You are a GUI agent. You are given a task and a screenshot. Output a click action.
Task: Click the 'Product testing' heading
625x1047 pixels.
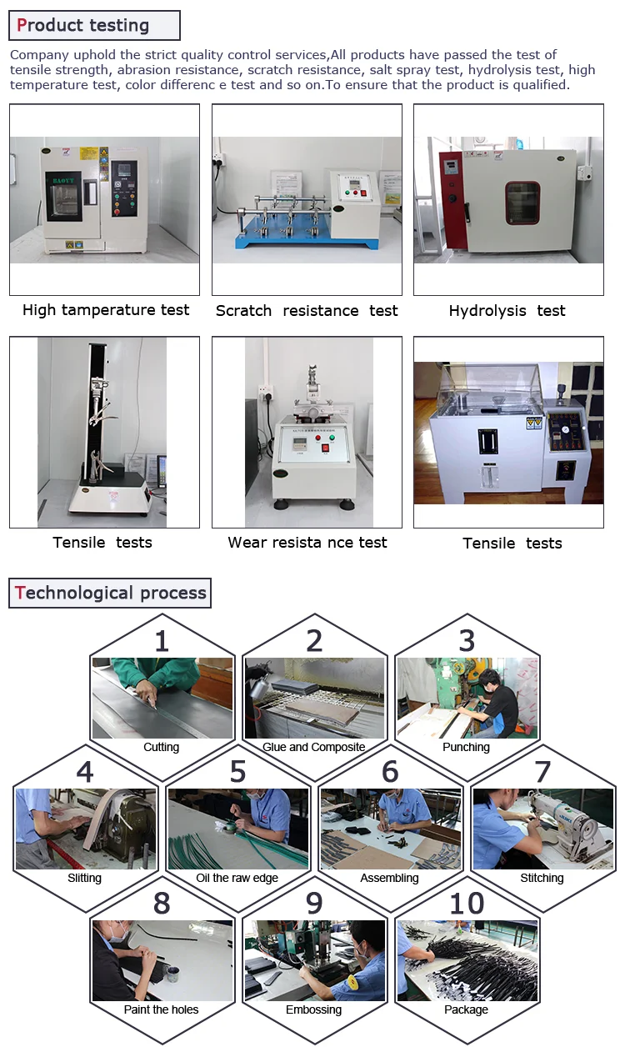(x=83, y=26)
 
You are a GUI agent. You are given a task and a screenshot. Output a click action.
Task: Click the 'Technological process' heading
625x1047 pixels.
(x=111, y=593)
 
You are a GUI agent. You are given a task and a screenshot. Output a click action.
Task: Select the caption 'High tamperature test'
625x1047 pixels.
(x=106, y=310)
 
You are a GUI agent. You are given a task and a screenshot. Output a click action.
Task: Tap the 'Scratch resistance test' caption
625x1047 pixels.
(x=307, y=311)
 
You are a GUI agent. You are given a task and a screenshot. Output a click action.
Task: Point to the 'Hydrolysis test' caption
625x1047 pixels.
(x=507, y=311)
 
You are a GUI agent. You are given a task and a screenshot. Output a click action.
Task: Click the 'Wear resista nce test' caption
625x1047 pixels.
(x=307, y=543)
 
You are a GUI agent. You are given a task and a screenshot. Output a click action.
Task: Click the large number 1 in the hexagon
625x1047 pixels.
(x=162, y=640)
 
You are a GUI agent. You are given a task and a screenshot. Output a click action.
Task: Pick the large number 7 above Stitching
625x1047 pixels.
(x=542, y=772)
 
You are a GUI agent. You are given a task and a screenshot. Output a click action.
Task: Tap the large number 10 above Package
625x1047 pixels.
(x=467, y=903)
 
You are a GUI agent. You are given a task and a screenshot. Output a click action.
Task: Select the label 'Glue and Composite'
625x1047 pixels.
(x=314, y=747)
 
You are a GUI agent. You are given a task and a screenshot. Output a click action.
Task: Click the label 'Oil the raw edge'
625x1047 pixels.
(x=237, y=878)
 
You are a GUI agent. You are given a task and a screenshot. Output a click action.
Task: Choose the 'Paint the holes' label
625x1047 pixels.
(x=161, y=1009)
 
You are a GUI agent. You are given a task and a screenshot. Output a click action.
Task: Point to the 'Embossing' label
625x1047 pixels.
(x=314, y=1009)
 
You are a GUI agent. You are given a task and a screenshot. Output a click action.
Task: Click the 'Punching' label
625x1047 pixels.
(x=466, y=747)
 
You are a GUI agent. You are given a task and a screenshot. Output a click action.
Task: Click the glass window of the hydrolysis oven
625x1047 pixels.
(x=522, y=203)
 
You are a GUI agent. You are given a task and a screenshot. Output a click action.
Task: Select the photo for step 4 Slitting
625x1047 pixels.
(x=85, y=829)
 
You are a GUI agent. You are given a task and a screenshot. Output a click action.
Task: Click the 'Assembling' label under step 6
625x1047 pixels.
(x=389, y=878)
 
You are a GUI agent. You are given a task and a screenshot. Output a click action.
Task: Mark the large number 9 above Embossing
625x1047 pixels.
(x=314, y=903)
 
